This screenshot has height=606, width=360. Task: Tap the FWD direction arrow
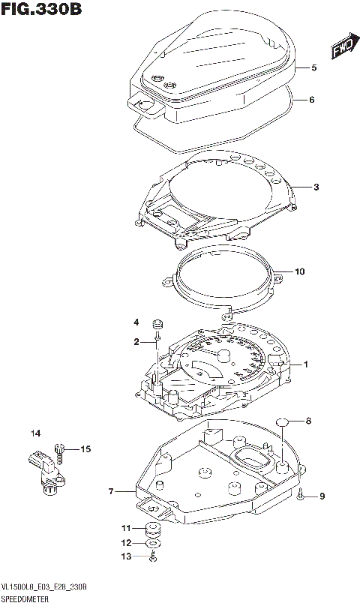[342, 49]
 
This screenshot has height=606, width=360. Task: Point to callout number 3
[317, 187]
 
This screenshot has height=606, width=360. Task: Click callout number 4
[136, 322]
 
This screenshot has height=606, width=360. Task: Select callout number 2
[136, 342]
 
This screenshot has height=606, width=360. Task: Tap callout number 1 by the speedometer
[306, 364]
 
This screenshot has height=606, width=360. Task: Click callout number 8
[307, 421]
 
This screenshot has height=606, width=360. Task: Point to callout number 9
[322, 496]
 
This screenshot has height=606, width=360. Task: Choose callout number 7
[111, 492]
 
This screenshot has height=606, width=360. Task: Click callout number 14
[35, 433]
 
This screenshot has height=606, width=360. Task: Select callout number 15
[85, 449]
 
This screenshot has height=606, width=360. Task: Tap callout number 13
[127, 556]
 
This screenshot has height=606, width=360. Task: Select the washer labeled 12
[152, 541]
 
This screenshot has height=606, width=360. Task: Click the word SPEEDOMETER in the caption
[25, 599]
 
